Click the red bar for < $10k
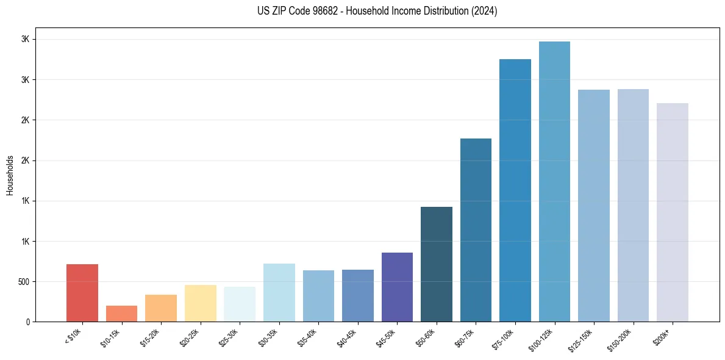(82, 293)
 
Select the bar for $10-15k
(121, 314)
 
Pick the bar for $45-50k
(397, 287)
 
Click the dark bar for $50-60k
(437, 264)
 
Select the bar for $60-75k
(476, 230)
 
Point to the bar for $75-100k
(515, 190)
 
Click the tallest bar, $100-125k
(554, 181)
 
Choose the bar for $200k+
(673, 212)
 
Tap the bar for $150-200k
(633, 205)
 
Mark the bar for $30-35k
(279, 292)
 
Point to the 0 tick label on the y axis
(27, 322)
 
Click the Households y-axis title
(10, 175)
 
